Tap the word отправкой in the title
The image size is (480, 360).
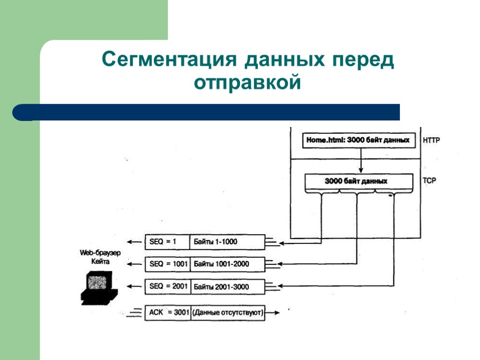[247, 82]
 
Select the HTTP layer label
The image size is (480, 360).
[431, 140]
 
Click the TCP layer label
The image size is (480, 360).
[429, 180]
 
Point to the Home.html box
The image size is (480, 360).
[359, 140]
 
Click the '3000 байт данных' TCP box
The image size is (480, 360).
[359, 181]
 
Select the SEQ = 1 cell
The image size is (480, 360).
[167, 242]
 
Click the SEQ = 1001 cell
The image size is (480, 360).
[167, 264]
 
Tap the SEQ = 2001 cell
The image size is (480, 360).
[167, 286]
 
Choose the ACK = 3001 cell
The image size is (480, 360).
[167, 312]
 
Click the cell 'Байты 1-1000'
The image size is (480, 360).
[227, 242]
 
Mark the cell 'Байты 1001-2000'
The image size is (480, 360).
[227, 264]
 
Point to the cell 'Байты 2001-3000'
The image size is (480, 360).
[227, 286]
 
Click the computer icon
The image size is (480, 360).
[98, 288]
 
